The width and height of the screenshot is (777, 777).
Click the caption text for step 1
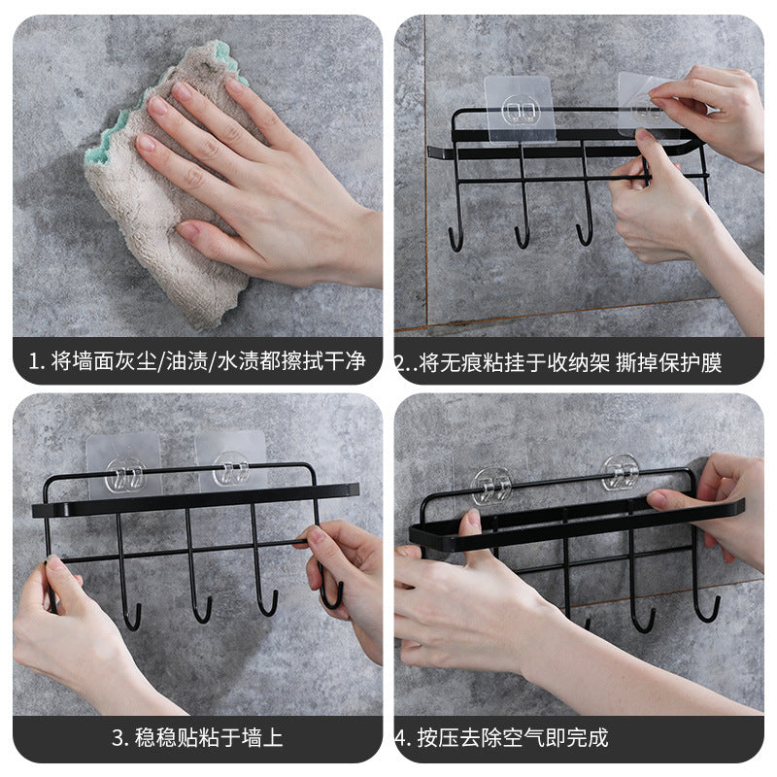[197, 361]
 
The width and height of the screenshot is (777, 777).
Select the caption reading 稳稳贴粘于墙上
[209, 737]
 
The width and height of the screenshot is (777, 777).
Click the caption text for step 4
[501, 737]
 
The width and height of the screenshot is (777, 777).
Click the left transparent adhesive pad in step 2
[520, 109]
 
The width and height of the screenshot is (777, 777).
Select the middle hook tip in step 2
[517, 232]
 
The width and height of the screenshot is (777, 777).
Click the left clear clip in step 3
[124, 475]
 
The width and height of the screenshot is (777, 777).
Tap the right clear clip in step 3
[231, 469]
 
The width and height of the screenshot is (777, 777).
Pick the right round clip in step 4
[620, 473]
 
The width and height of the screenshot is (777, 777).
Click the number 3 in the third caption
[118, 738]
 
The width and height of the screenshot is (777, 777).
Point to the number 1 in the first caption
[34, 361]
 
